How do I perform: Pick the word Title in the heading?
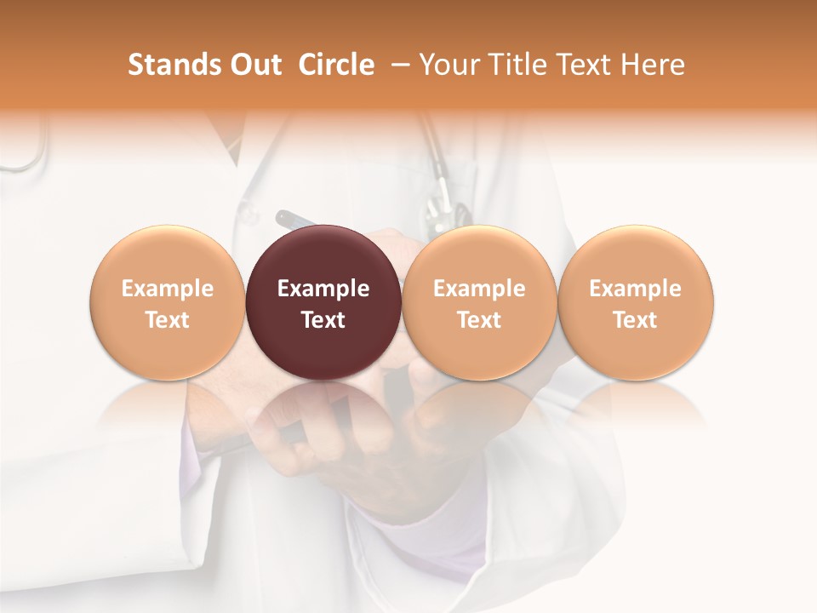515,65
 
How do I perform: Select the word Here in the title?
653,65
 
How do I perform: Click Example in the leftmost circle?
167,289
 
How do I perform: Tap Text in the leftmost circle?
167,320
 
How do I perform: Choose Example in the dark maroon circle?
323,289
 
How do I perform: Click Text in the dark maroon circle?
323,320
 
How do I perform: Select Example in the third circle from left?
479,289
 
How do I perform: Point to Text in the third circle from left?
479,320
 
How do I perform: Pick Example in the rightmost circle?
635,289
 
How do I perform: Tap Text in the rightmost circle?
635,320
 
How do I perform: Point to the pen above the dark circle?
294,219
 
